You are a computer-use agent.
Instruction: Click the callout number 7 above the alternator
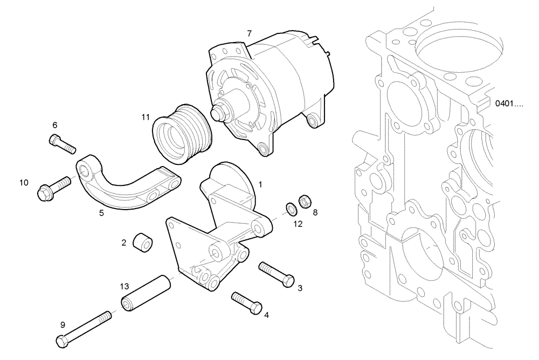pos(249,33)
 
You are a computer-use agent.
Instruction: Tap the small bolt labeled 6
pos(62,144)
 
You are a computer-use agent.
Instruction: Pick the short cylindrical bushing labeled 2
pos(144,241)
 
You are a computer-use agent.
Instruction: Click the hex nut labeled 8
pos(303,201)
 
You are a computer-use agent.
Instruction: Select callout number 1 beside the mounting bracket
pos(260,184)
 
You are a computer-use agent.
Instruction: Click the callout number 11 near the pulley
pos(146,117)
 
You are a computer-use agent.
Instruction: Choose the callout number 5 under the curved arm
pos(101,213)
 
